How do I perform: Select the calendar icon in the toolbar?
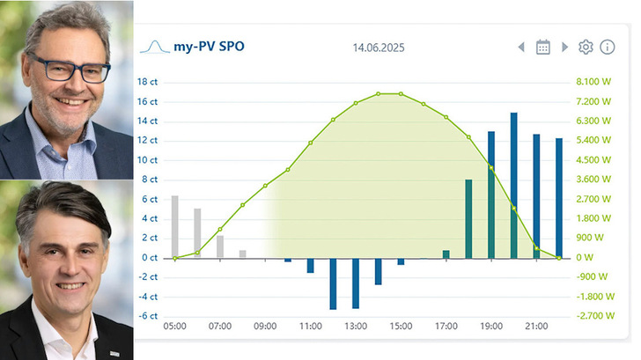pyautogui.click(x=543, y=47)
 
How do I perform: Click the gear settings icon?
pyautogui.click(x=586, y=47)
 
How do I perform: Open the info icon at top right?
pyautogui.click(x=608, y=47)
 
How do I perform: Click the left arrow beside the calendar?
pyautogui.click(x=521, y=47)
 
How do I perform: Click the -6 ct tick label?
pyautogui.click(x=147, y=316)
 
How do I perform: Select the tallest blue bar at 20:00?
pyautogui.click(x=514, y=185)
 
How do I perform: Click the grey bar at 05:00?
pyautogui.click(x=174, y=226)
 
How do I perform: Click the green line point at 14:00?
pyautogui.click(x=379, y=93)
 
